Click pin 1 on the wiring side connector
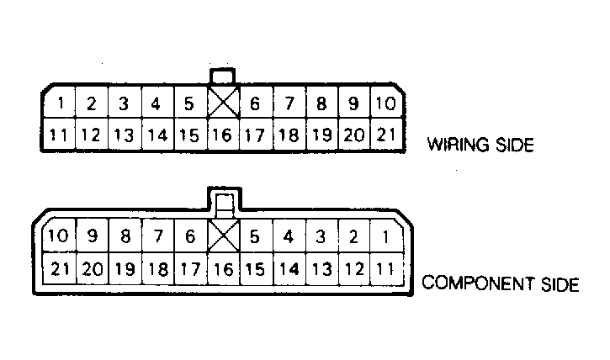click(x=60, y=103)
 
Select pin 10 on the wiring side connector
click(x=385, y=103)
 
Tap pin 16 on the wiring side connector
click(x=223, y=135)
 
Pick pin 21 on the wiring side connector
click(x=385, y=135)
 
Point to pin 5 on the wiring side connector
click(x=190, y=103)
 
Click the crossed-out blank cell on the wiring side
click(x=223, y=103)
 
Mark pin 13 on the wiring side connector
click(x=125, y=135)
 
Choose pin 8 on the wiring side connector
click(x=322, y=103)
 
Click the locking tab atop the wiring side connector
click(x=222, y=76)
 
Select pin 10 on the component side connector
click(x=59, y=236)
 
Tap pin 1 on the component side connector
click(x=386, y=236)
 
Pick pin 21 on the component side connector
click(x=59, y=268)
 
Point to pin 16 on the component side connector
click(x=224, y=268)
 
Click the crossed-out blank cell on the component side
click(x=224, y=236)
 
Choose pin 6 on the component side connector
click(x=191, y=236)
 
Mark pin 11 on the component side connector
click(x=386, y=268)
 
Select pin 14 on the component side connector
click(x=289, y=268)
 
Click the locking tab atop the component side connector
click(x=225, y=200)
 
